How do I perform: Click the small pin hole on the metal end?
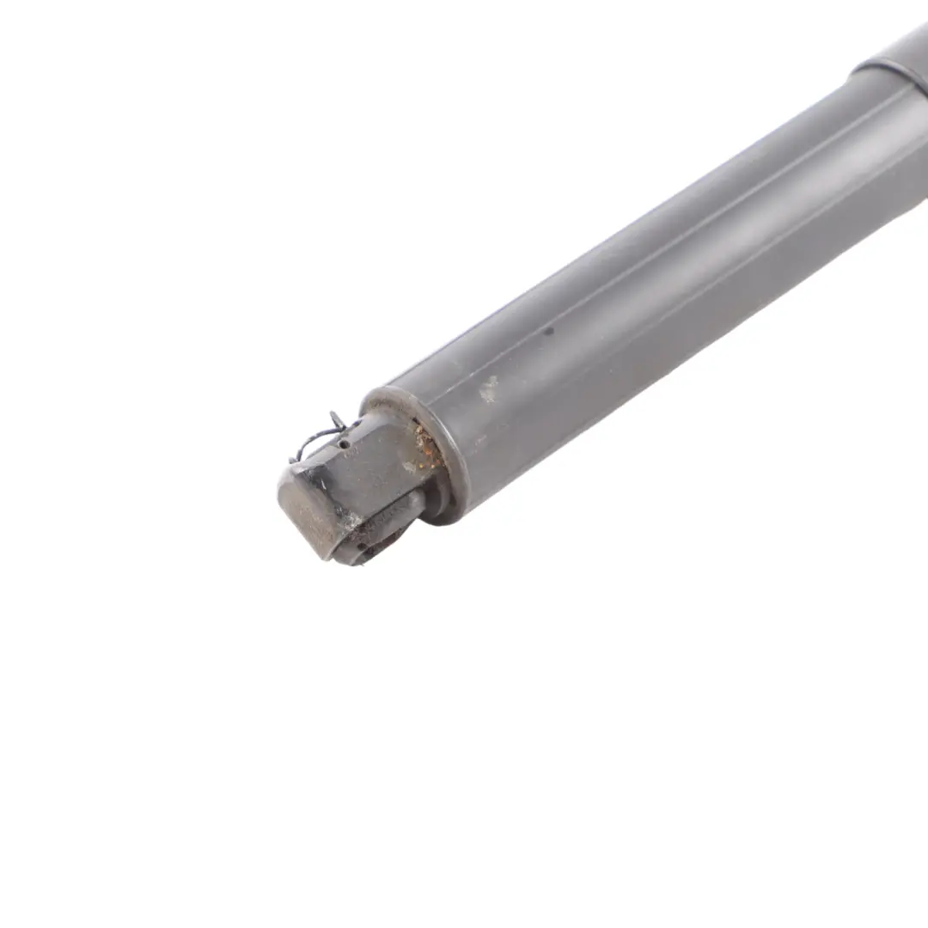point(345,445)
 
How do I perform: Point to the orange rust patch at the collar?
point(425,443)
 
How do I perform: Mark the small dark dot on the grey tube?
point(549,328)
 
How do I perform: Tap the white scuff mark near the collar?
point(488,389)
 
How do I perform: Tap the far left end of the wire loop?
point(292,459)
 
